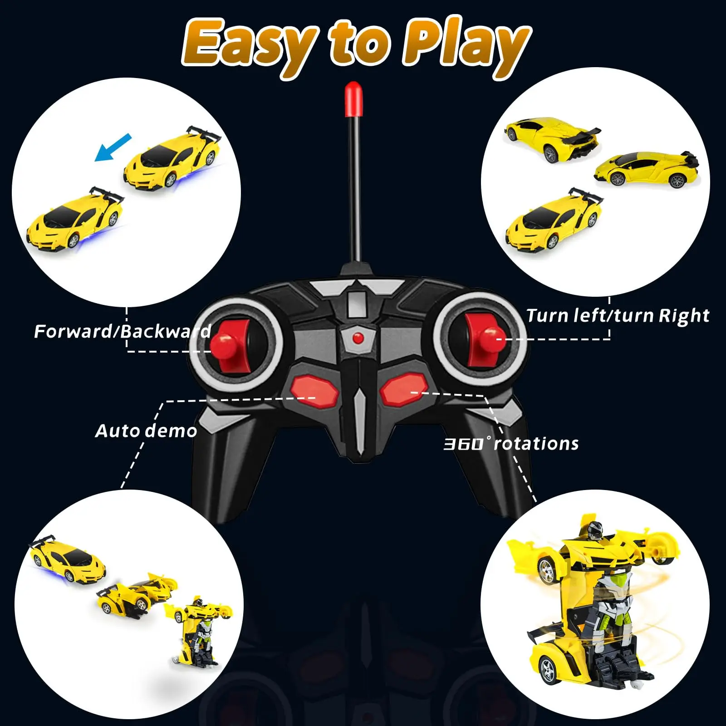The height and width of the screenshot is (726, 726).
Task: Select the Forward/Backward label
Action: point(123,331)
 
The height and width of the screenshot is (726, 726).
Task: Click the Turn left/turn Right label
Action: point(618,315)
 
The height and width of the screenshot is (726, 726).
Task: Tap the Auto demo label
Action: point(146,431)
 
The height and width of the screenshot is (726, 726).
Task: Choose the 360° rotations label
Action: point(511,443)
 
